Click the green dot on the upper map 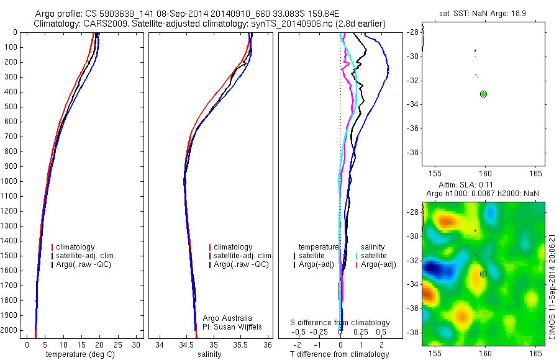(x=483, y=94)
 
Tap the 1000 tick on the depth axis (x=11, y=181)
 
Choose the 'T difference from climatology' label (x=339, y=354)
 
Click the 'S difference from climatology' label (x=340, y=323)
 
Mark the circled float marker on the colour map (x=483, y=274)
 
